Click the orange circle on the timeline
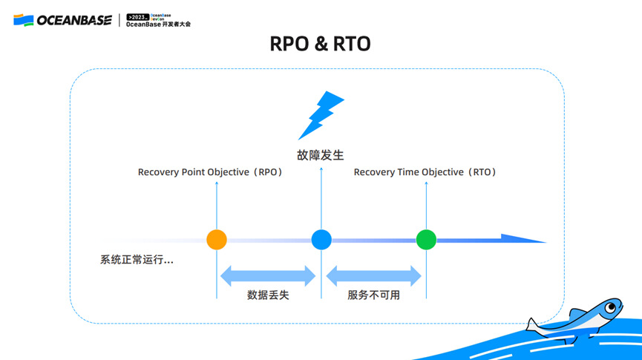coord(216,240)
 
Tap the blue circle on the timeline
coord(321,240)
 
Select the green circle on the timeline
coord(426,240)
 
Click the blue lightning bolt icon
coord(321,115)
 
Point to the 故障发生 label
coord(321,155)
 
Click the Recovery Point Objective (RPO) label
coord(211,172)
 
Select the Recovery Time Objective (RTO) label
coord(425,172)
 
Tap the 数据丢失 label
coord(268,295)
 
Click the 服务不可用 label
coord(373,295)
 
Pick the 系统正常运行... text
coord(137,261)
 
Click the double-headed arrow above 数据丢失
coord(268,275)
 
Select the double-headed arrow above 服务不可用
coord(373,275)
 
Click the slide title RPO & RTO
coord(321,45)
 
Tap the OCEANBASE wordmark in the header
coord(75,20)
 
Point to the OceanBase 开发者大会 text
coord(158,24)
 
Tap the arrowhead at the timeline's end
coord(523,239)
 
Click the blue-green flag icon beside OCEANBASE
coord(23,20)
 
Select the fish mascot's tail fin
coord(534,324)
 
